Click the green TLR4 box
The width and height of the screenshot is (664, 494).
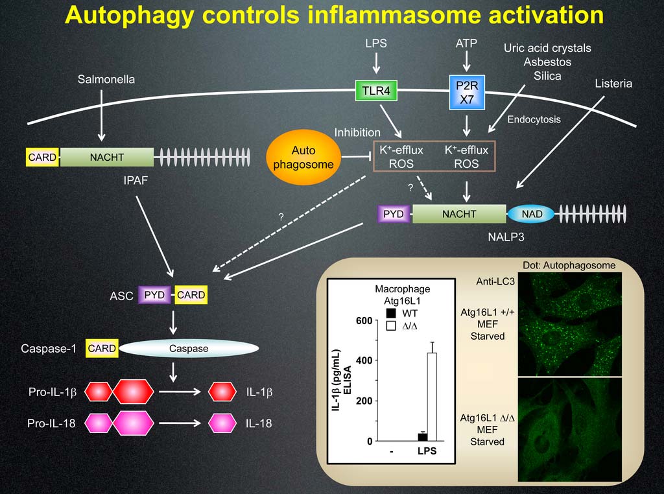click(x=376, y=91)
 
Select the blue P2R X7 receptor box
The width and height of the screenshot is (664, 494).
click(x=467, y=91)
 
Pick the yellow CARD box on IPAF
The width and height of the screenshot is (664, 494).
click(x=42, y=157)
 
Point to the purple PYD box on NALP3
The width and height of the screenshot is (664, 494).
click(x=394, y=213)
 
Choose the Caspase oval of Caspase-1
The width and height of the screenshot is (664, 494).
click(x=189, y=348)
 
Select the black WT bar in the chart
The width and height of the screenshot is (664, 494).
click(x=422, y=437)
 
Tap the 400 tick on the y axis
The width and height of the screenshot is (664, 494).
click(x=364, y=360)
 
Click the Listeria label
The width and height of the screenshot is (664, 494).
click(x=613, y=84)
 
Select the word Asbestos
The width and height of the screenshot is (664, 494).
click(x=547, y=62)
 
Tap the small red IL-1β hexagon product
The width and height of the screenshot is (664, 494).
click(x=222, y=392)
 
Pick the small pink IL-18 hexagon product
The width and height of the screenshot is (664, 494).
click(x=222, y=424)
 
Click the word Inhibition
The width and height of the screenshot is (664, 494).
click(x=357, y=132)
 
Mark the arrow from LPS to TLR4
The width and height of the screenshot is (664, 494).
click(x=376, y=64)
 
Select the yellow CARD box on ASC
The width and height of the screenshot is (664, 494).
click(x=191, y=295)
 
